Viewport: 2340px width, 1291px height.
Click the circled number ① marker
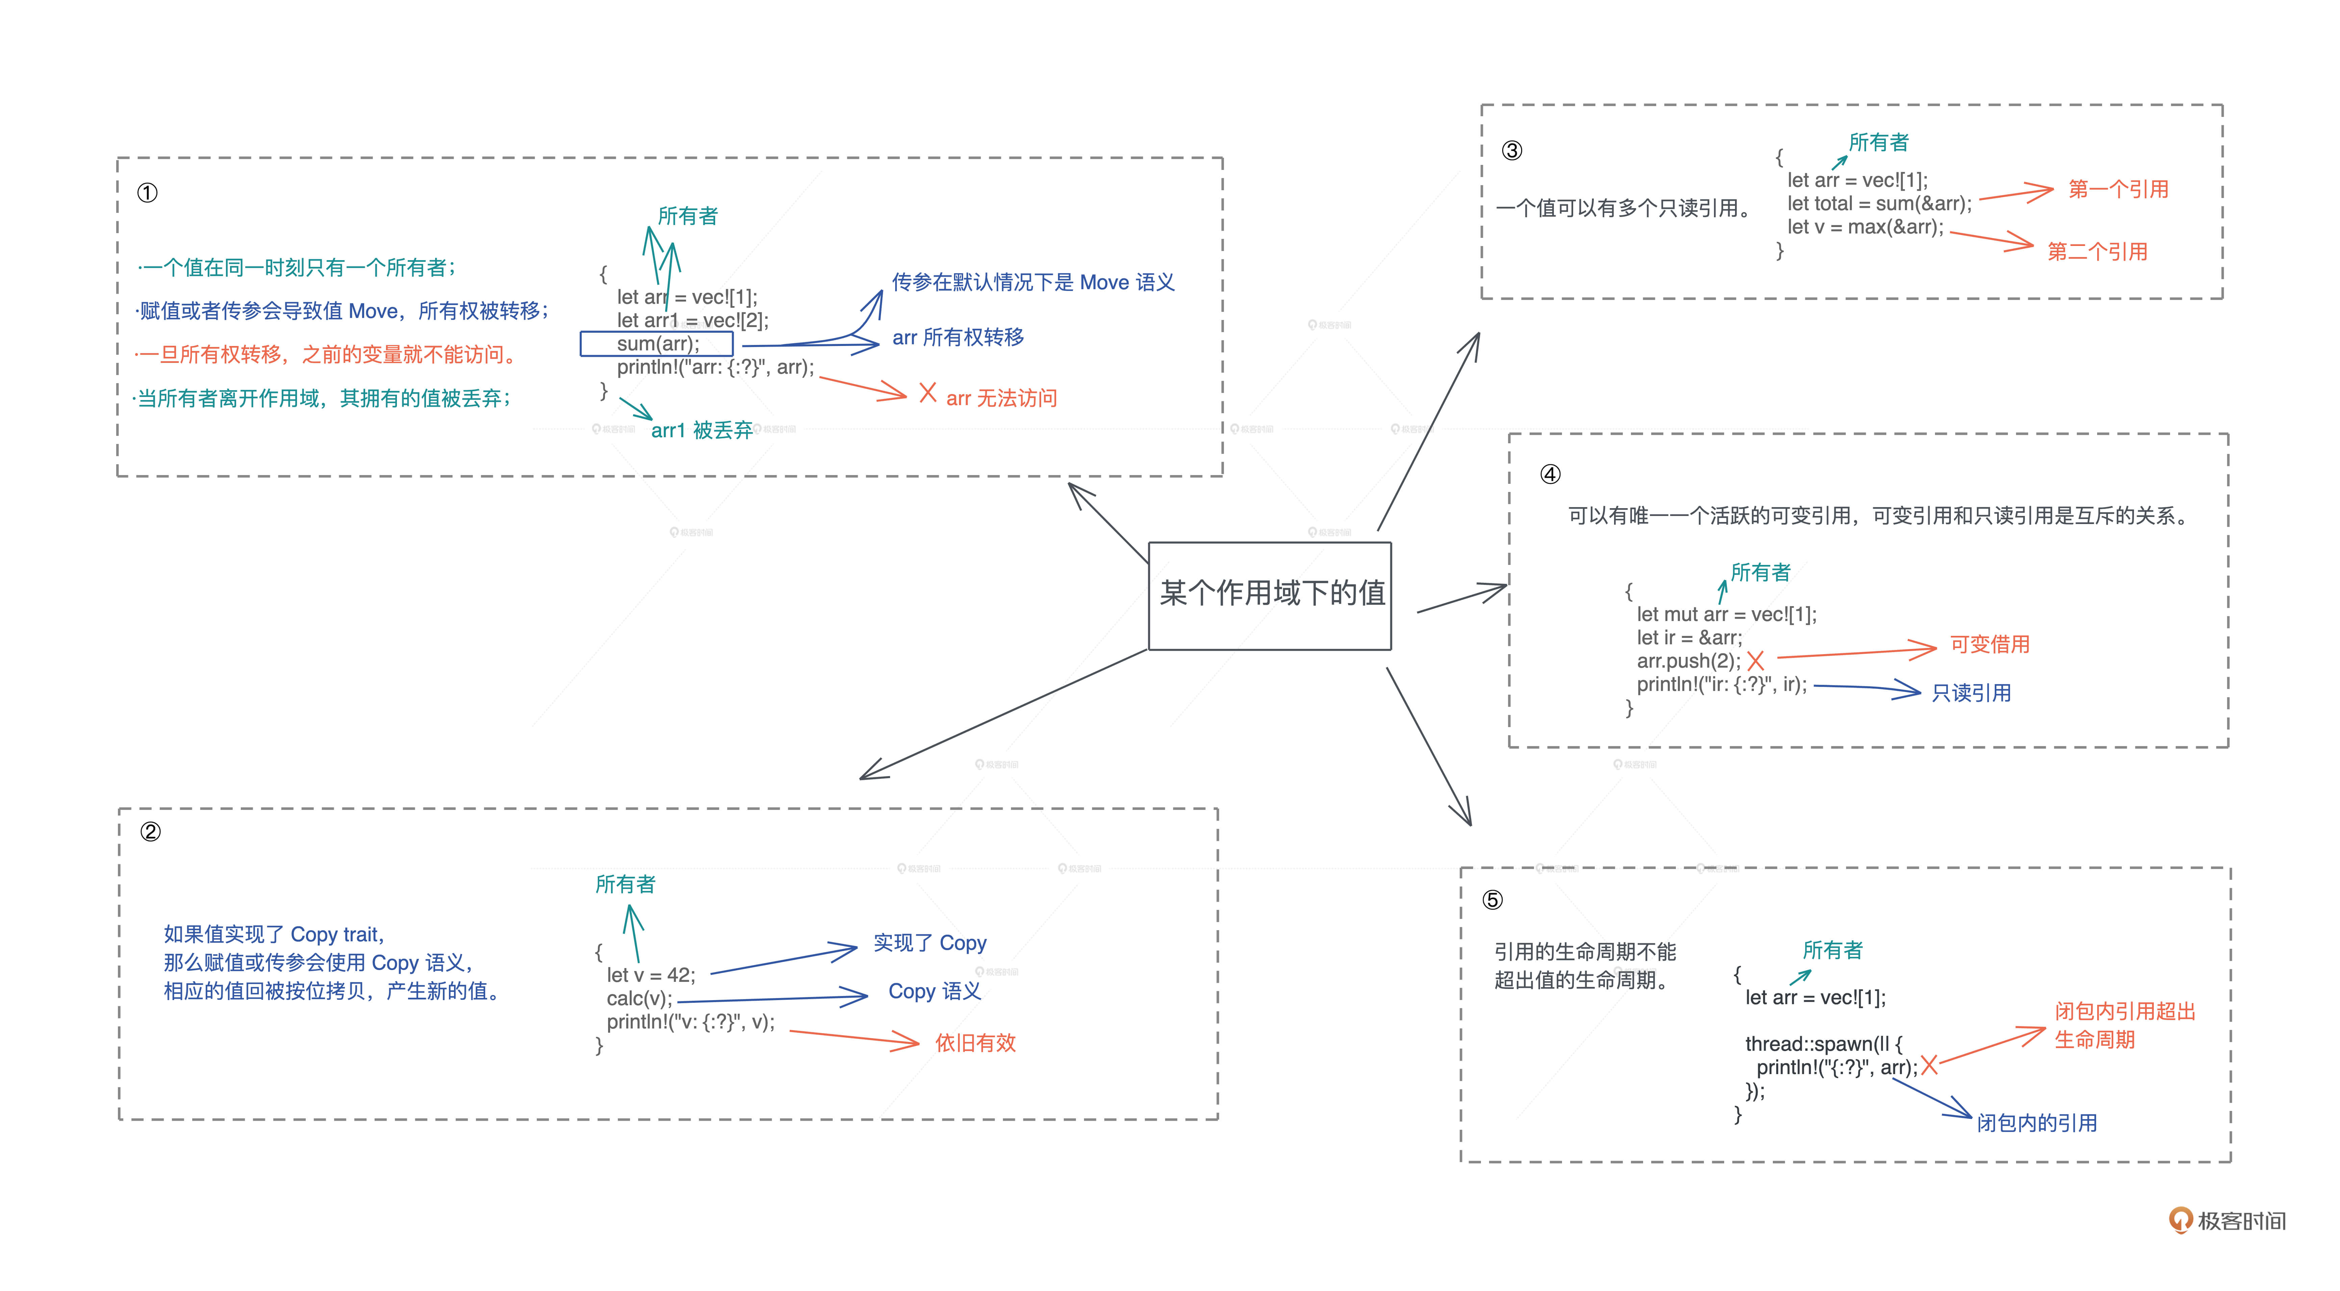147,193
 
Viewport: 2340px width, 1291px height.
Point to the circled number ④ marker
1550,474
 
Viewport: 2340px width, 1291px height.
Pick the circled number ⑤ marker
1492,899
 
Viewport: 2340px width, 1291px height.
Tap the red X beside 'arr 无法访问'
928,393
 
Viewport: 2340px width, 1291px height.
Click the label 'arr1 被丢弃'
701,430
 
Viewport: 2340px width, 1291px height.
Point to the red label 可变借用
1989,644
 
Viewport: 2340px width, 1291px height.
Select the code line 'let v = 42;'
650,975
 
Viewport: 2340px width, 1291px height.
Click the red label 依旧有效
975,1043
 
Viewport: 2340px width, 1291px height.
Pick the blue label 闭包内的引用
2037,1123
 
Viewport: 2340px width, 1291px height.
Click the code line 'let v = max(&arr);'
1865,227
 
